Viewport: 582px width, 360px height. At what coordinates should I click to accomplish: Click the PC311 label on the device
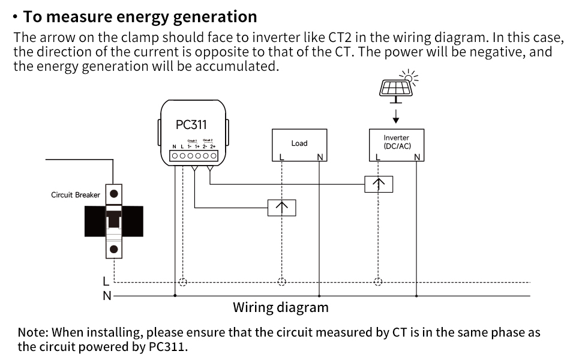(191, 125)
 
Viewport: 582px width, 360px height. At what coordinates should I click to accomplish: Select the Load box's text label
(299, 143)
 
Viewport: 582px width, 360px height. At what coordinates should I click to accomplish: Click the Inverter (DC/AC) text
(397, 142)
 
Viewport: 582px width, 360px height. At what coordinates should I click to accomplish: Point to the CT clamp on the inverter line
(379, 184)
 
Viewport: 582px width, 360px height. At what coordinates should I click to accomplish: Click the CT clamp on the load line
(281, 208)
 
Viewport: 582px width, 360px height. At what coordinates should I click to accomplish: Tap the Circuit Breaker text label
(75, 195)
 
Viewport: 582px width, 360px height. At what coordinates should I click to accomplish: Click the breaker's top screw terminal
(113, 193)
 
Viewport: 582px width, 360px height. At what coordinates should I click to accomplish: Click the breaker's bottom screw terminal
(113, 249)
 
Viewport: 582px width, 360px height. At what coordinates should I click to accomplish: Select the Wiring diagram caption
(280, 308)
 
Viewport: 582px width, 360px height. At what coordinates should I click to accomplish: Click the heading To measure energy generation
(140, 16)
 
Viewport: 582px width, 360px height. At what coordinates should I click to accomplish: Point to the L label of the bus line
(106, 281)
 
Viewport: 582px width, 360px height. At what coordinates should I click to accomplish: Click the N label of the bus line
(106, 296)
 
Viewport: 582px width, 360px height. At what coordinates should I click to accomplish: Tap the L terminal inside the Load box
(281, 157)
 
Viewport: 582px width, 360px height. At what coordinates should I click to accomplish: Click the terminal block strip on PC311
(193, 155)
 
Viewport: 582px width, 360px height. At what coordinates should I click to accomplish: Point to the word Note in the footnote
(32, 332)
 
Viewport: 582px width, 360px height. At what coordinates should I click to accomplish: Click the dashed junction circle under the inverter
(378, 281)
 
